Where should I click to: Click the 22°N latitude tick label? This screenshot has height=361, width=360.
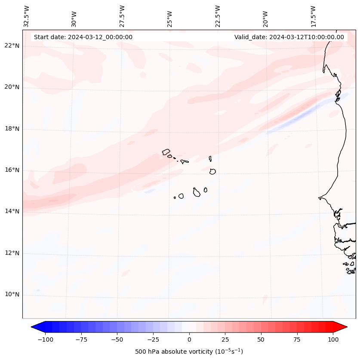pyautogui.click(x=12, y=46)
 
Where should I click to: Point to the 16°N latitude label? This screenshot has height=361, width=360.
pyautogui.click(x=12, y=170)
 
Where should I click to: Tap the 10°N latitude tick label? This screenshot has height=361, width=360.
pyautogui.click(x=12, y=295)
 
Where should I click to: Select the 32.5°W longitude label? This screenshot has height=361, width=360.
pyautogui.click(x=27, y=16)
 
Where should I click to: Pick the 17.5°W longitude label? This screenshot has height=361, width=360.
pyautogui.click(x=313, y=16)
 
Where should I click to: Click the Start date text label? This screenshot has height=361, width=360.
pyautogui.click(x=83, y=37)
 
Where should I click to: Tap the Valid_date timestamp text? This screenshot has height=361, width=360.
pyautogui.click(x=289, y=37)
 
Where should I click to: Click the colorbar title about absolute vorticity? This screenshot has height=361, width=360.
pyautogui.click(x=189, y=352)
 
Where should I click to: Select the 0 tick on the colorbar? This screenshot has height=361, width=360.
pyautogui.click(x=189, y=339)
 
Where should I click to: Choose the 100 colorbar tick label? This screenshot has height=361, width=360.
pyautogui.click(x=333, y=339)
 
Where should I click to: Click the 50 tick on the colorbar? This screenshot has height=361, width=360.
pyautogui.click(x=261, y=339)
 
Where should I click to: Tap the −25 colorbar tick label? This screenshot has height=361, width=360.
pyautogui.click(x=153, y=339)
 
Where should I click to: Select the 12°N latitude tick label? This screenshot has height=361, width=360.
pyautogui.click(x=12, y=253)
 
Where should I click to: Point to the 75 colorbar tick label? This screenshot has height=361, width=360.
pyautogui.click(x=297, y=339)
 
